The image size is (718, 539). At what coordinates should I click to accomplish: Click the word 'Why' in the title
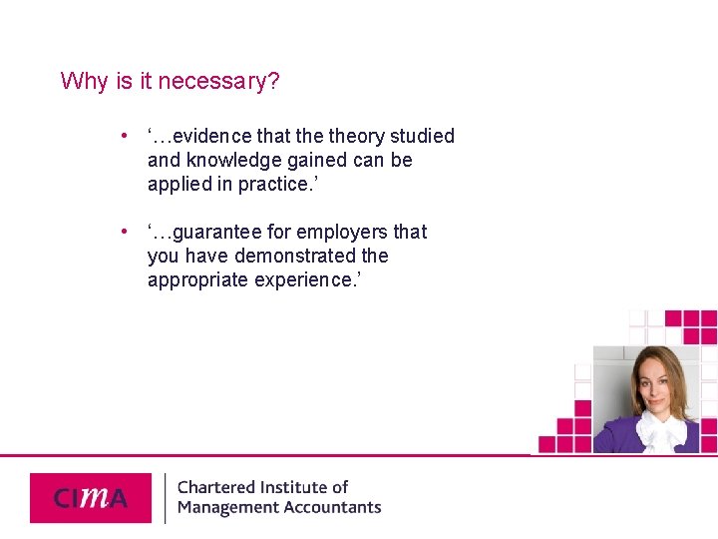tap(85, 81)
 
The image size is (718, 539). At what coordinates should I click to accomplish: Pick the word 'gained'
tap(319, 161)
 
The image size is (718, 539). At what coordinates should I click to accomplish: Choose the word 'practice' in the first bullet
tap(272, 185)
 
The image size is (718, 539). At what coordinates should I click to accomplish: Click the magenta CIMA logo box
tap(91, 497)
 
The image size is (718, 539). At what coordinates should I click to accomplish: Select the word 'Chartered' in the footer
tap(216, 487)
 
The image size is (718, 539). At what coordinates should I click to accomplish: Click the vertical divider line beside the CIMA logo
tap(165, 497)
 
